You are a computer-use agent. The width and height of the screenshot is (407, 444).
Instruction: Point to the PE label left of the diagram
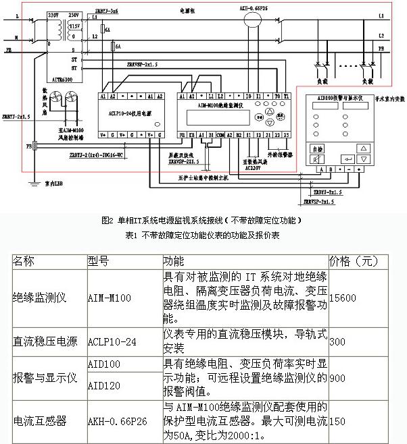point(8,50)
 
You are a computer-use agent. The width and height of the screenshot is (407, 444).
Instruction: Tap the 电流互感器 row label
point(40,421)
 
